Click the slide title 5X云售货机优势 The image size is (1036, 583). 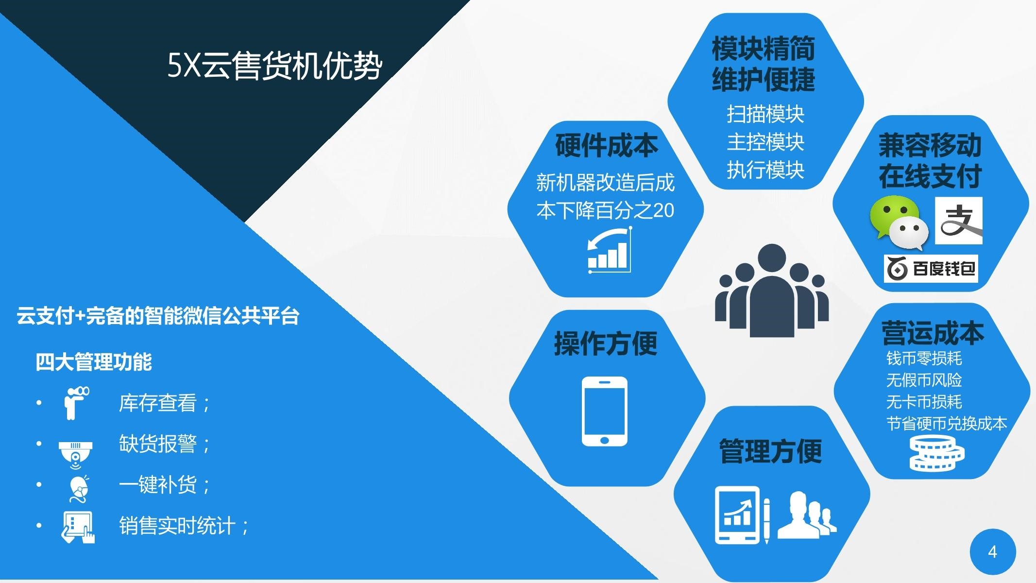pyautogui.click(x=275, y=65)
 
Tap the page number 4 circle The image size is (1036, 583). pyautogui.click(x=993, y=552)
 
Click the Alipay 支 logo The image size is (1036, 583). pyautogui.click(x=958, y=221)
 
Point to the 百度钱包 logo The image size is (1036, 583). pyautogui.click(x=931, y=269)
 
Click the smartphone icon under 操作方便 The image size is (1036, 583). pyautogui.click(x=604, y=411)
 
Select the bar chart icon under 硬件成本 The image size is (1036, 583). pyautogui.click(x=609, y=250)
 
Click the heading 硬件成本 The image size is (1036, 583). pyautogui.click(x=606, y=145)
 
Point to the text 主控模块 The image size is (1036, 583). pyautogui.click(x=765, y=142)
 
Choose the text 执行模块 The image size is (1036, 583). pyautogui.click(x=765, y=170)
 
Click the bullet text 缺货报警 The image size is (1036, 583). pyautogui.click(x=158, y=444)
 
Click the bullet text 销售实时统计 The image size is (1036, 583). pyautogui.click(x=177, y=526)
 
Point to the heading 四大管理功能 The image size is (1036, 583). pyautogui.click(x=94, y=362)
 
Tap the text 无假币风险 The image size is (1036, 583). pyautogui.click(x=924, y=380)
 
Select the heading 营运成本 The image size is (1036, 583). pyautogui.click(x=933, y=333)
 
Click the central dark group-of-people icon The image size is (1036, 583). pyautogui.click(x=772, y=291)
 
